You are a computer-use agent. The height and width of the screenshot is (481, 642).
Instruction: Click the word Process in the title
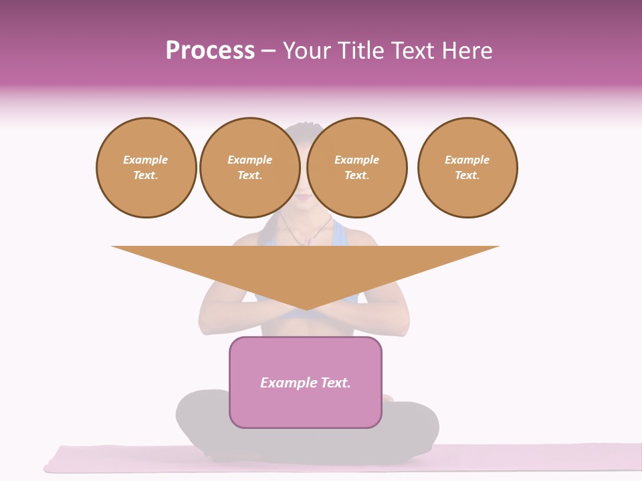210,51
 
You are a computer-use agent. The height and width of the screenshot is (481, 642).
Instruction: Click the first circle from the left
146,168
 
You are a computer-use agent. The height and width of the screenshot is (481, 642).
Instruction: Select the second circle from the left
250,168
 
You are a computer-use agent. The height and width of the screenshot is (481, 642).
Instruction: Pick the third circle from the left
357,168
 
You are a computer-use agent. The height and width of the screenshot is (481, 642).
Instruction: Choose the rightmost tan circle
467,168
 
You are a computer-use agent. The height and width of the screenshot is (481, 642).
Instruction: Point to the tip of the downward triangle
306,308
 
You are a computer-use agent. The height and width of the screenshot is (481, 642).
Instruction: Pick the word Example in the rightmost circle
467,160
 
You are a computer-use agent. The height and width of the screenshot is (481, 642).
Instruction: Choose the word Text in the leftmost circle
145,176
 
